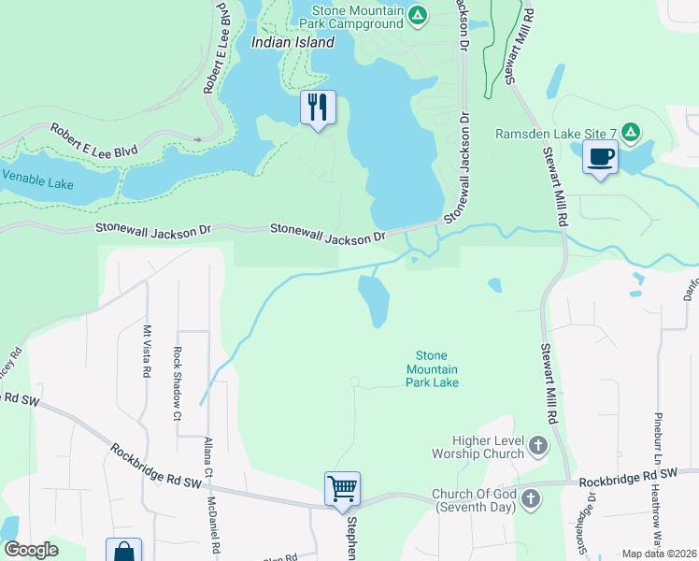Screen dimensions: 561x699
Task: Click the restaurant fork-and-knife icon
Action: pos(318,108)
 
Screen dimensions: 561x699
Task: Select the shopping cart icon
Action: pos(342,488)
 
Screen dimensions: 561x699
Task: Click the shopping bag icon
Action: pos(123,552)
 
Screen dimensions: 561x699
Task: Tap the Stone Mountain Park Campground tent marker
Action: pos(418,15)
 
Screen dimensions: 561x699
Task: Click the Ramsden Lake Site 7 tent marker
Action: pos(631,134)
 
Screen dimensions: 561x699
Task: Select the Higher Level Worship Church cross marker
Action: pos(538,447)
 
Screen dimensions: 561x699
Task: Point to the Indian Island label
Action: pos(292,42)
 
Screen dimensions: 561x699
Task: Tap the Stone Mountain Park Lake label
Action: pos(432,369)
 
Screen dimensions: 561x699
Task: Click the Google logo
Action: pos(31,550)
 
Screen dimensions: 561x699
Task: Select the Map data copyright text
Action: pos(659,554)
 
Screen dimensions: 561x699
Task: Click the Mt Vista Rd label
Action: pos(147,351)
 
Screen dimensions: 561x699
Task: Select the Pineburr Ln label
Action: pos(658,439)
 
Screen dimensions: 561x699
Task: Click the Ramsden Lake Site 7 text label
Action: pos(555,134)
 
